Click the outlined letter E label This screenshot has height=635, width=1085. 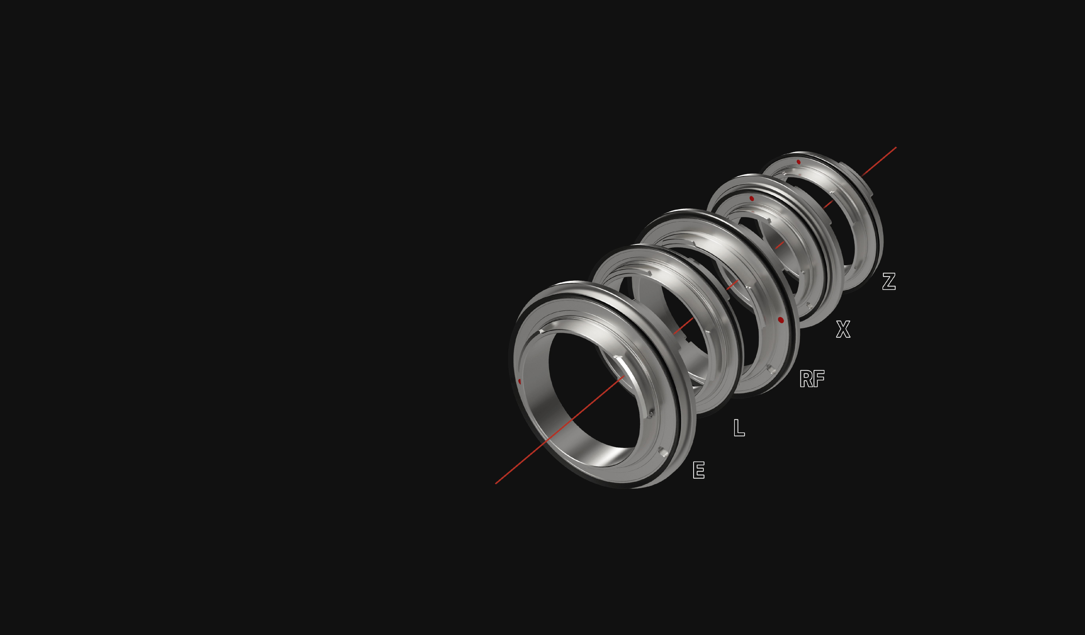698,470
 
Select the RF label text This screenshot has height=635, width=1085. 812,379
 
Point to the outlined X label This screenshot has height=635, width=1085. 843,329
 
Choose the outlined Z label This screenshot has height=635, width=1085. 889,281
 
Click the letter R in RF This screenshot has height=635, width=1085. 806,379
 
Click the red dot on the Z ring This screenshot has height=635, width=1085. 799,162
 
